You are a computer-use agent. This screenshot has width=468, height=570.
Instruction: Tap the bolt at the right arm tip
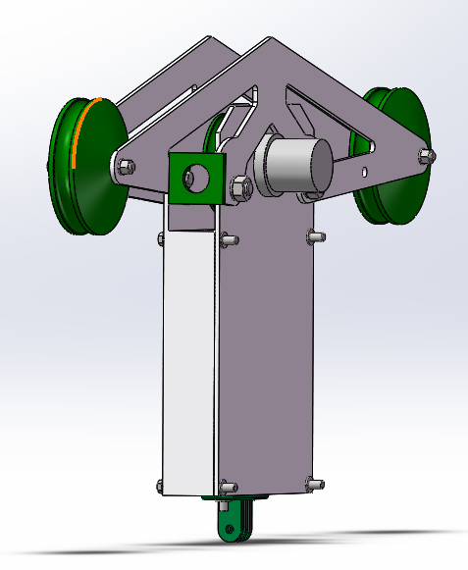tap(425, 155)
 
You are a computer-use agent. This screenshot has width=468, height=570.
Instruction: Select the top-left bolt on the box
tap(163, 237)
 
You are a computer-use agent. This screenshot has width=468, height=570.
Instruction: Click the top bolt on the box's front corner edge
tap(228, 238)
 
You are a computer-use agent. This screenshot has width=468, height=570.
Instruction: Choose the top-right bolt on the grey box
tap(314, 235)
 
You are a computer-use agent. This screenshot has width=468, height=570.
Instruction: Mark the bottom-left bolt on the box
tap(162, 485)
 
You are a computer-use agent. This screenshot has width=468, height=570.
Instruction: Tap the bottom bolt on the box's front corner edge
tap(228, 486)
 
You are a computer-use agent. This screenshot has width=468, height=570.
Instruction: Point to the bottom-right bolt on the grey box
tap(314, 482)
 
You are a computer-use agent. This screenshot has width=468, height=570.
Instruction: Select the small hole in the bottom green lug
tap(232, 531)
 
